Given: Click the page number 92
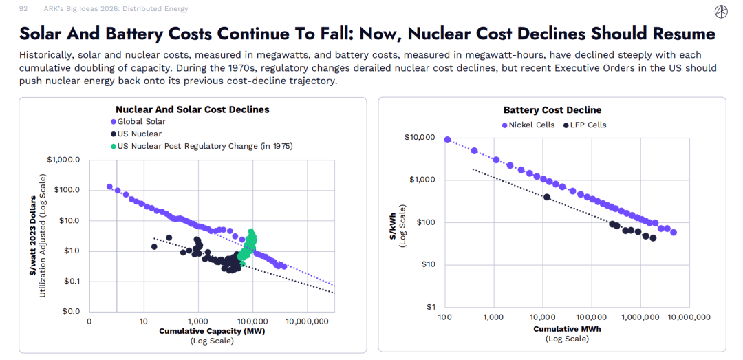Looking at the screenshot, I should (23, 9).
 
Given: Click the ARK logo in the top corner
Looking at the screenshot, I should (721, 10).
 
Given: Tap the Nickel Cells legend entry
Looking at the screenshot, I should (530, 125).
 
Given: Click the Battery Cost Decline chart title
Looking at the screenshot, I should (552, 110).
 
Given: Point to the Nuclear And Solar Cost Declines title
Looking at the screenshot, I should (192, 109).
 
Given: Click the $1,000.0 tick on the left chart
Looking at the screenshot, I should (64, 160).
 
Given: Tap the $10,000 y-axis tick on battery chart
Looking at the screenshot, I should (421, 138).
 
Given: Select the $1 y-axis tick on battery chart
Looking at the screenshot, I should (431, 307).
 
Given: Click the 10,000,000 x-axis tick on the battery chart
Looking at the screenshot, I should (689, 317).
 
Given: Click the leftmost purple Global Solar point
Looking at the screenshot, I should (109, 187).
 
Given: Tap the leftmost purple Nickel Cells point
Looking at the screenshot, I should (447, 140).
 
